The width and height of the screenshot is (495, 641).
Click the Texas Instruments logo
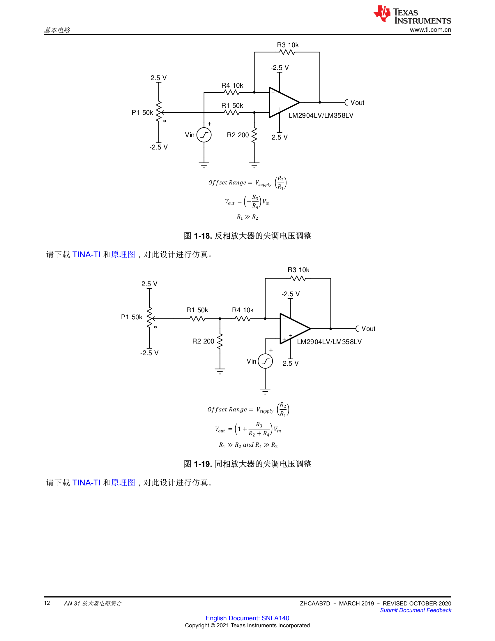[412, 14]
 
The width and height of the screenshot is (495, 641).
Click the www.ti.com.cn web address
[430, 30]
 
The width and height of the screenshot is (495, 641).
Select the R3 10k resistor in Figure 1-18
[287, 52]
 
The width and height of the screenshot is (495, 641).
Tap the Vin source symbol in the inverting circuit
[204, 135]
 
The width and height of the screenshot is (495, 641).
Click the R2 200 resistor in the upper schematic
[254, 135]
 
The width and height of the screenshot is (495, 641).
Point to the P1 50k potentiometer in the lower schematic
[150, 318]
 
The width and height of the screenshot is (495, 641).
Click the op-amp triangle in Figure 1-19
[295, 328]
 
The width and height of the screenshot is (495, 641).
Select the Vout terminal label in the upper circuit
[357, 103]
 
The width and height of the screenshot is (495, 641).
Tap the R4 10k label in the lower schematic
[243, 310]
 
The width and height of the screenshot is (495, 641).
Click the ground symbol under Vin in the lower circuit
[265, 391]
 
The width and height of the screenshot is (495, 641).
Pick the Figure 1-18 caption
[247, 236]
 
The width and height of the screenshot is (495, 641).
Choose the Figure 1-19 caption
[247, 464]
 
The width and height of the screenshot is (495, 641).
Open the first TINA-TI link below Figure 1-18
[86, 254]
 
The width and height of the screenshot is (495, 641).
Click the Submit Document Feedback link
[416, 610]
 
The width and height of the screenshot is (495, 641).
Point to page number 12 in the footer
[47, 603]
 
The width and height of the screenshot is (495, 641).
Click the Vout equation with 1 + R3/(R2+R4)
[248, 429]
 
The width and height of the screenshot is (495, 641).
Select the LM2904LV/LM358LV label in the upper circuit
[321, 115]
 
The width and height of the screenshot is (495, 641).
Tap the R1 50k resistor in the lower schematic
[197, 318]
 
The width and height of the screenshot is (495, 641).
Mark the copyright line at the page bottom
[247, 625]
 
